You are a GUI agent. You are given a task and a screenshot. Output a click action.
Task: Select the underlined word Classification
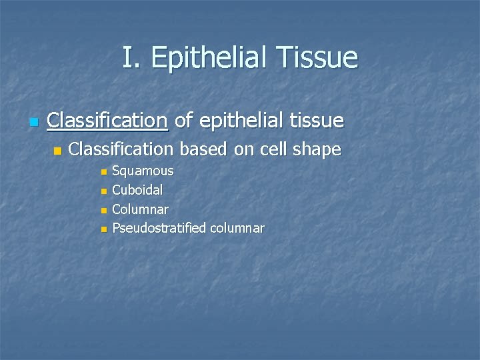pos(107,121)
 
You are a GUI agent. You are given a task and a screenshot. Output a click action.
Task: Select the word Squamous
pos(143,171)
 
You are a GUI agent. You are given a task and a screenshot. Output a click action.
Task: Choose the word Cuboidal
pos(138,191)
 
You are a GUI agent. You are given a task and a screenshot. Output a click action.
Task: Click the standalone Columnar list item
pos(140,209)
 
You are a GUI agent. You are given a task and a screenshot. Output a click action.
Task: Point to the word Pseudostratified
pos(159,229)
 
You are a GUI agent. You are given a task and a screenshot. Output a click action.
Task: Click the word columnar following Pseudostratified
pos(237,229)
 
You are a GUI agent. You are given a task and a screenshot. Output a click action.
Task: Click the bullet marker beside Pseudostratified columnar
pos(103,230)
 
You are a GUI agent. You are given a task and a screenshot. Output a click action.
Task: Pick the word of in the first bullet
pos(185,121)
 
